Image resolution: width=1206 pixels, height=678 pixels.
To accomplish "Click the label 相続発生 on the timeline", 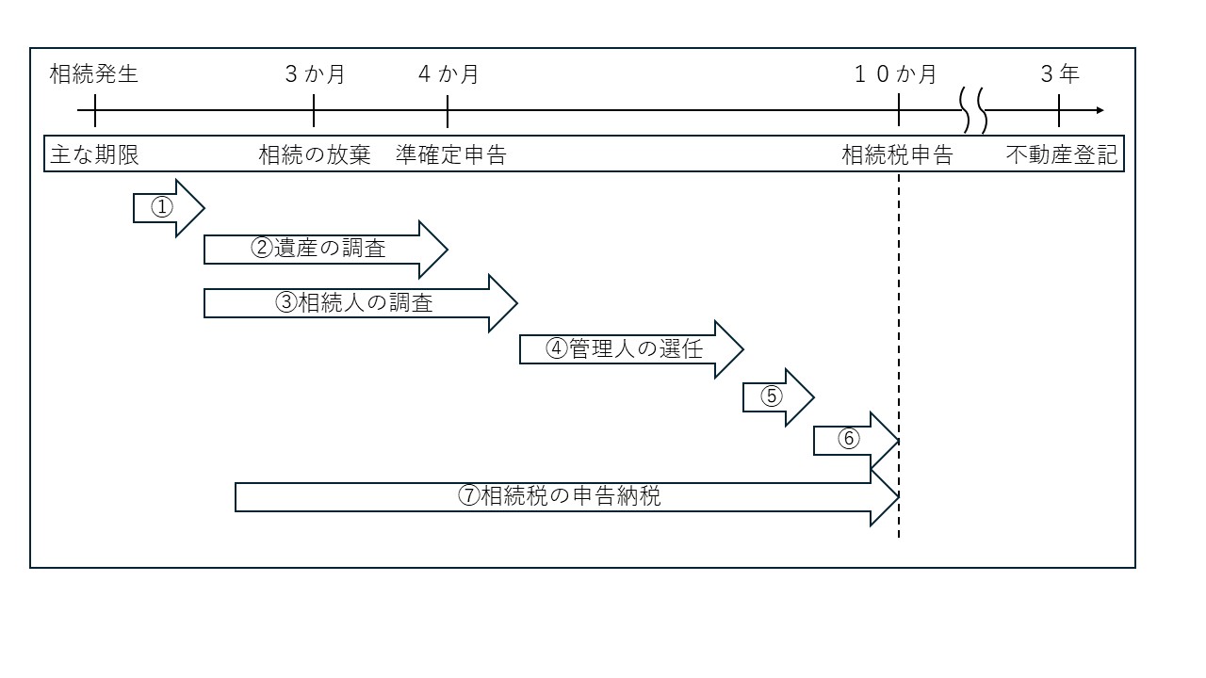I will click(94, 74).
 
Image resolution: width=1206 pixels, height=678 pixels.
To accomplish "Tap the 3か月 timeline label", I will click(315, 74).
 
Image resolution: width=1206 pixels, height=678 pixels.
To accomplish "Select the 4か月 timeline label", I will click(448, 74).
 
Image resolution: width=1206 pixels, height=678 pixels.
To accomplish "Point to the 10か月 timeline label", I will click(895, 74).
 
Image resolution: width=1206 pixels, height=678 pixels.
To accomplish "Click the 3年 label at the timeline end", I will click(1060, 74).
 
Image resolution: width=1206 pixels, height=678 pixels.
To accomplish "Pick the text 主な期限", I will click(94, 155).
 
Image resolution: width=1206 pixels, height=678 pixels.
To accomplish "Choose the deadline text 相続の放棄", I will click(315, 155).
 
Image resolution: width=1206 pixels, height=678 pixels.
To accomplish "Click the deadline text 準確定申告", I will click(451, 155).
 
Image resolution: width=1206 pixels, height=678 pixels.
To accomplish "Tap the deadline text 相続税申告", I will click(897, 155).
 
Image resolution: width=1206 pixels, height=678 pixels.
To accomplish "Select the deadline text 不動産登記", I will click(1062, 155).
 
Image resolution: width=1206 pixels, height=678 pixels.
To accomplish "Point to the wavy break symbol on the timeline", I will click(973, 111).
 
